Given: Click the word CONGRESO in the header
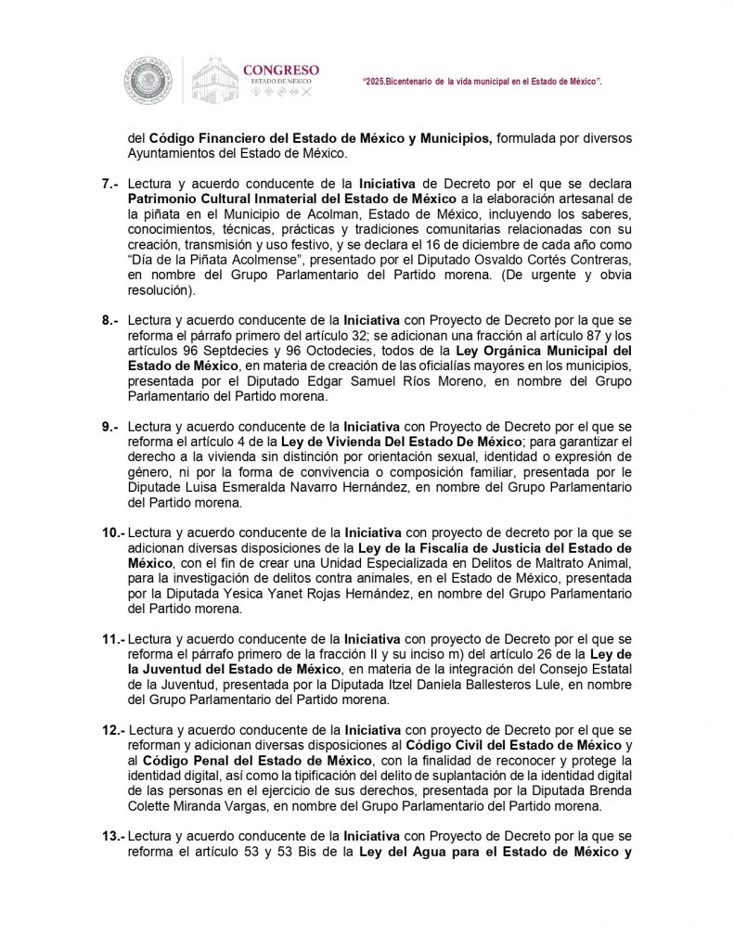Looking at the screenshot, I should pos(280,70).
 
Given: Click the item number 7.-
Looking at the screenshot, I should pos(111,186).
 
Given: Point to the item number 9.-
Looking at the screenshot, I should pos(111,427).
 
